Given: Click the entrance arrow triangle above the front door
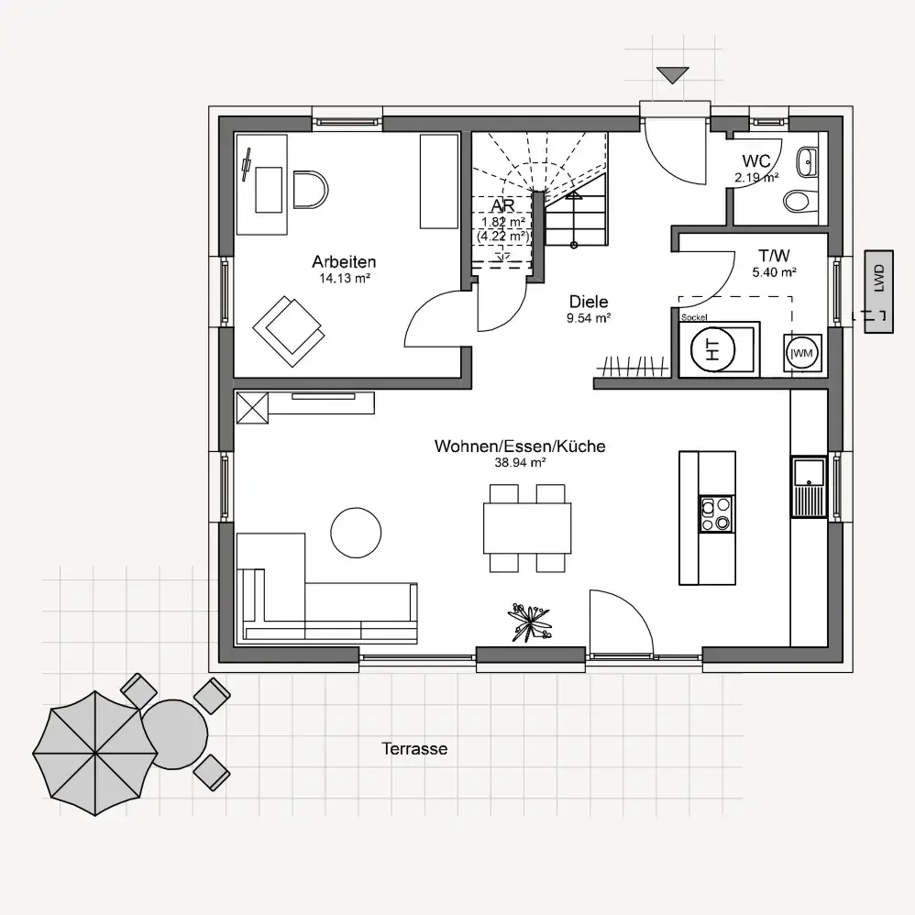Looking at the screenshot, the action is click(x=672, y=74).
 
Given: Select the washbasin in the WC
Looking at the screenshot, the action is click(x=808, y=161).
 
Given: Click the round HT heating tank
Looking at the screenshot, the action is click(x=712, y=349).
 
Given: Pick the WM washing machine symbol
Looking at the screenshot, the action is click(x=803, y=352).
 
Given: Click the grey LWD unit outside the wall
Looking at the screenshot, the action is click(x=879, y=292).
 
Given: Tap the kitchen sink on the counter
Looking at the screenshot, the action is click(x=809, y=487).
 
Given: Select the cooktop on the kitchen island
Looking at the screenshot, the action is click(x=717, y=513).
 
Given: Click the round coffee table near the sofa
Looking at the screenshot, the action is click(x=356, y=533).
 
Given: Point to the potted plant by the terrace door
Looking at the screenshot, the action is click(x=530, y=623).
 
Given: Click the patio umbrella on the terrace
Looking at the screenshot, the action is click(x=95, y=753).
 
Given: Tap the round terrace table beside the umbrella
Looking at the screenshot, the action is click(x=174, y=734).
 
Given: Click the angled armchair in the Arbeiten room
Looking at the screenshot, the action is click(x=289, y=331).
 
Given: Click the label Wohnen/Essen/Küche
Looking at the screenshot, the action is click(x=520, y=446).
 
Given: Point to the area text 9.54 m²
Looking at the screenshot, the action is click(x=589, y=318).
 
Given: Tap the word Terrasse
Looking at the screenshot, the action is click(x=414, y=749).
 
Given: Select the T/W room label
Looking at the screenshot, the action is click(x=775, y=256).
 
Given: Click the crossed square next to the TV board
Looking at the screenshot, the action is click(x=253, y=407).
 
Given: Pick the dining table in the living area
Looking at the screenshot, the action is click(x=527, y=528).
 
